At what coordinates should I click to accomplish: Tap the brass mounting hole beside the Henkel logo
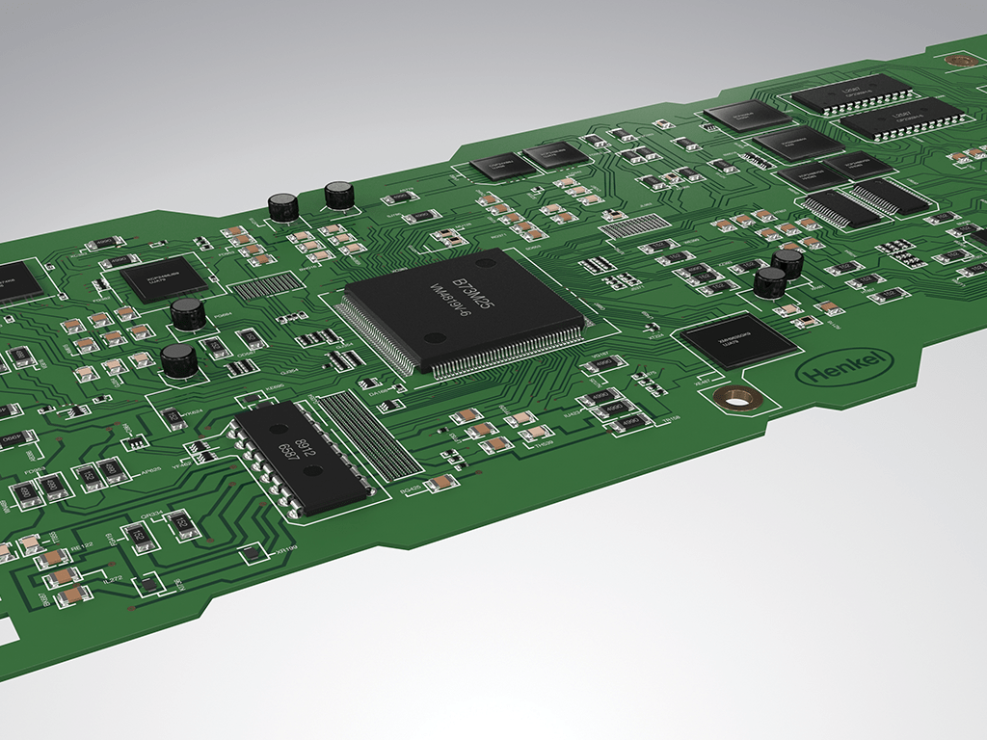(737, 395)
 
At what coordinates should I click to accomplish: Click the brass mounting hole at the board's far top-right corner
(958, 60)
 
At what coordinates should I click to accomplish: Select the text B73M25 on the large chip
(481, 277)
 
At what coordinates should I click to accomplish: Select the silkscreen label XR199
(285, 551)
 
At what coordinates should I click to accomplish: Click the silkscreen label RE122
(83, 545)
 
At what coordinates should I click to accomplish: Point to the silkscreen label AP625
(149, 473)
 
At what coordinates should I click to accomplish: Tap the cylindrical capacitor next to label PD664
(188, 313)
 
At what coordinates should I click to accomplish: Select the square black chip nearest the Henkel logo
(737, 339)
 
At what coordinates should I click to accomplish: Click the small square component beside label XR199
(252, 552)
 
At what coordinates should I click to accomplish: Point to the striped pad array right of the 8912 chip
(358, 435)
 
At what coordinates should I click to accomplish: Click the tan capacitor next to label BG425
(441, 482)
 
